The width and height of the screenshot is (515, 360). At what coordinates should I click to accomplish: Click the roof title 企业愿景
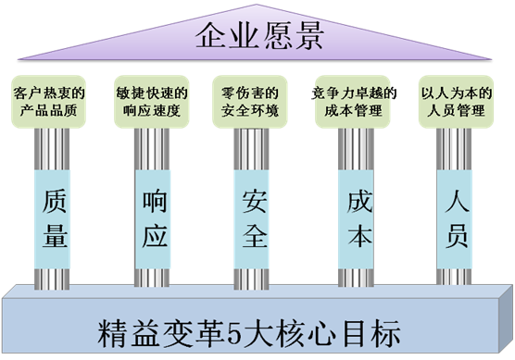(x=258, y=38)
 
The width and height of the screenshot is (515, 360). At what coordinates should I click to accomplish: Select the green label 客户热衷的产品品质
(x=51, y=103)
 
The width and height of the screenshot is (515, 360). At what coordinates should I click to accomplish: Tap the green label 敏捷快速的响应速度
(x=154, y=103)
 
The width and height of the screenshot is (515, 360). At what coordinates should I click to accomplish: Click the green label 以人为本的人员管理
(x=456, y=103)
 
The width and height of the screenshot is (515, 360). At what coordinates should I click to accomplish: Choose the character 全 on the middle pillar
(x=255, y=236)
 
